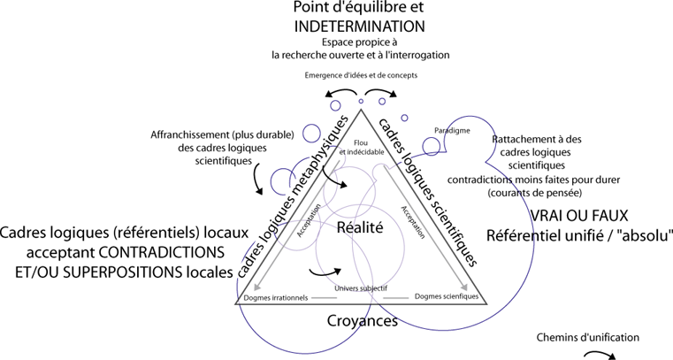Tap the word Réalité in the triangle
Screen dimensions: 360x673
click(360, 227)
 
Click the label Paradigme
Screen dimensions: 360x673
click(451, 130)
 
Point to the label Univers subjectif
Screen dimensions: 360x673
click(360, 289)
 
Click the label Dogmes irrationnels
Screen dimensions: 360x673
click(275, 298)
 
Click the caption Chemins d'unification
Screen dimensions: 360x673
click(587, 337)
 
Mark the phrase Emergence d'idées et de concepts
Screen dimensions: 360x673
click(361, 75)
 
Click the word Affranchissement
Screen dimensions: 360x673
click(194, 135)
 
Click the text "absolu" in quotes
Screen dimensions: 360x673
click(645, 235)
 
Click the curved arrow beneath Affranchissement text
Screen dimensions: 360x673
click(258, 180)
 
